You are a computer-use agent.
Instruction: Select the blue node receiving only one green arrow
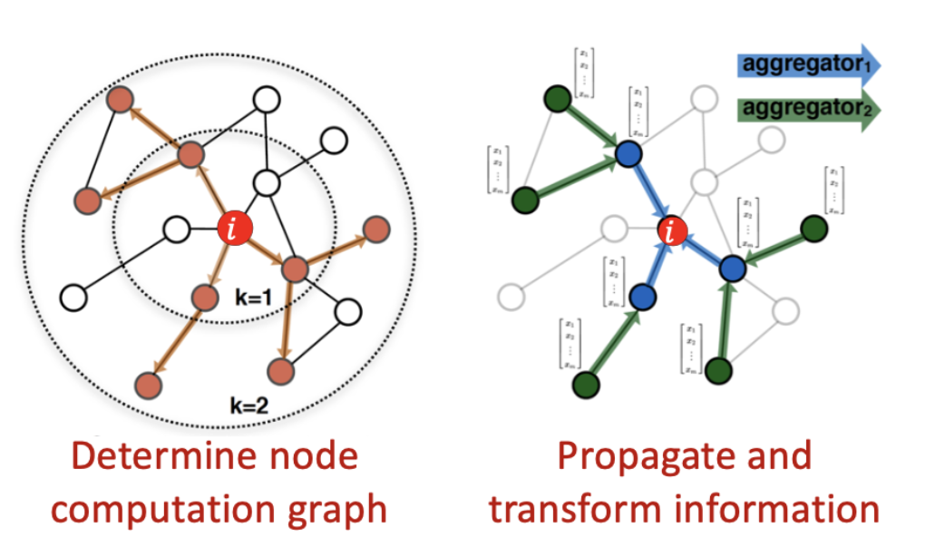click(x=642, y=296)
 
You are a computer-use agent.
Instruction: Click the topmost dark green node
click(x=556, y=97)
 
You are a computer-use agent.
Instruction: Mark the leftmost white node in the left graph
click(x=72, y=296)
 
